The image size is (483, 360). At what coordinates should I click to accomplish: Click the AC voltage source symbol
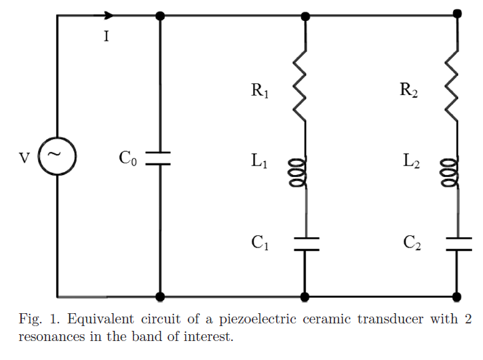(57, 155)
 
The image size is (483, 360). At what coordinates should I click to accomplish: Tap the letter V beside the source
(24, 158)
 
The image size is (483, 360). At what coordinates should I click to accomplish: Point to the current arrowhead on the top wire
(109, 16)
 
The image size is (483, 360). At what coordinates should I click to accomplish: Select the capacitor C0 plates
(159, 158)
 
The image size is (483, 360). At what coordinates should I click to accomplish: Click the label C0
(128, 159)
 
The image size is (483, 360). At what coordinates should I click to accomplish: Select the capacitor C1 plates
(305, 244)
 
